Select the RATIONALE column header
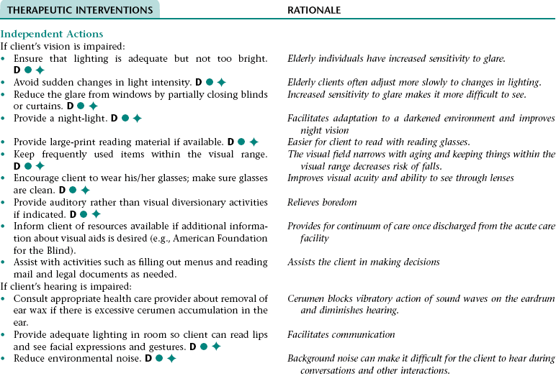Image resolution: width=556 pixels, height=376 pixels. [x=314, y=10]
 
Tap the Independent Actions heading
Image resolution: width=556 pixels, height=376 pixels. [x=52, y=34]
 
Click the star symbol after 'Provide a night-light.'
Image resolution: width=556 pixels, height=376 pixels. [x=137, y=118]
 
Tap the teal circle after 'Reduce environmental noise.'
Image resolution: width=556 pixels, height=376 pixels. [x=158, y=357]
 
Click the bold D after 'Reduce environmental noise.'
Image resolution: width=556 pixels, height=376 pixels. [x=148, y=357]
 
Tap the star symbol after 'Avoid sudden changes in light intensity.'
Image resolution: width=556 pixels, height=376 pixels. [x=222, y=82]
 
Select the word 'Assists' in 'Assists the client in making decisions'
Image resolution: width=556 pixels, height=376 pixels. [x=303, y=262]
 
